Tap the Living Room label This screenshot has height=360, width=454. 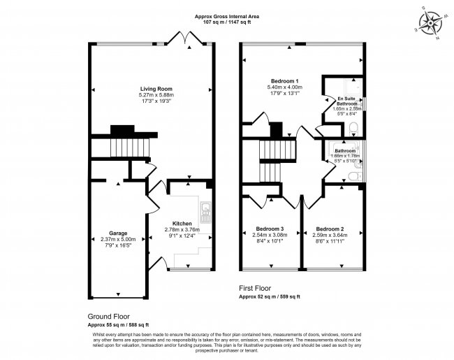[x=156, y=89]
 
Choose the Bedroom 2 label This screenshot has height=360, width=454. [x=330, y=229]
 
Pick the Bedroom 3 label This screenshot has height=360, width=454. [x=270, y=229]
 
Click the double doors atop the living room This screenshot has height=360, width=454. [x=185, y=38]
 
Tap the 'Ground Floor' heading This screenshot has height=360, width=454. [x=109, y=316]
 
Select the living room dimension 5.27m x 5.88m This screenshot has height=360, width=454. [x=156, y=95]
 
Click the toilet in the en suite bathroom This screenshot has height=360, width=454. [x=354, y=127]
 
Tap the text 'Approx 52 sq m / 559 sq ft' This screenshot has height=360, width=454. [x=270, y=297]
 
